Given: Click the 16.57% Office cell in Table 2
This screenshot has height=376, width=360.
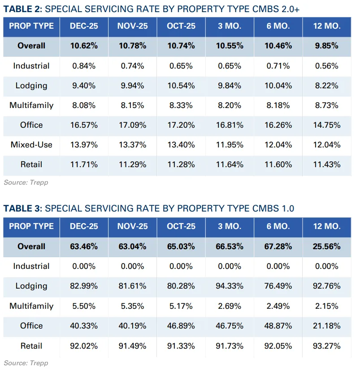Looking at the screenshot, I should [x=84, y=125].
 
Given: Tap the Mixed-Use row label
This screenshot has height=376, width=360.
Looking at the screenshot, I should [x=31, y=145].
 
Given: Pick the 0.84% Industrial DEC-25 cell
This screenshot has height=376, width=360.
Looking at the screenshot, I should [x=84, y=66].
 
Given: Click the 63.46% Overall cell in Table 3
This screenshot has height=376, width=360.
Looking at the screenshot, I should [x=84, y=246].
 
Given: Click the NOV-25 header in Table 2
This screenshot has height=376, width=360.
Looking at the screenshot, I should [x=133, y=26].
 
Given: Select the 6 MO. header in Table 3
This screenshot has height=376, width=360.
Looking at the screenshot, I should [x=278, y=226].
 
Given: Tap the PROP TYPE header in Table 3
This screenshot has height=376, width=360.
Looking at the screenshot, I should [x=31, y=226].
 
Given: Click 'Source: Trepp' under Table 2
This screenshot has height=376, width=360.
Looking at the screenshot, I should [x=26, y=182].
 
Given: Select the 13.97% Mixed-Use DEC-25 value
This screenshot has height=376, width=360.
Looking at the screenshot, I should [x=84, y=145].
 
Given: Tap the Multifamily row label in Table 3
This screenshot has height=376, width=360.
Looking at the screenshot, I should [x=31, y=306].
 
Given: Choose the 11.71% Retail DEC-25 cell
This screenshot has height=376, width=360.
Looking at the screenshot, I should [x=84, y=164].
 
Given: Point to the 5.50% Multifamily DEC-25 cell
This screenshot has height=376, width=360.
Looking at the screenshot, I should [x=84, y=306].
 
